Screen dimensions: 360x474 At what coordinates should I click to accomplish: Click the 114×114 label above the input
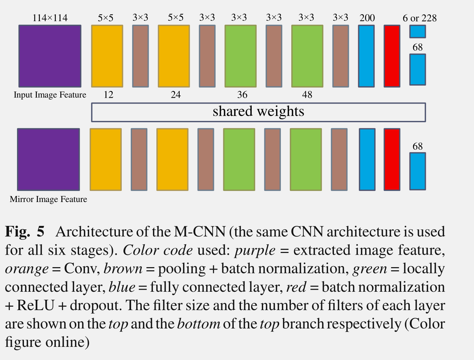[50, 18]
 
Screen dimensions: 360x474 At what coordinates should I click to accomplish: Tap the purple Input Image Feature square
[50, 56]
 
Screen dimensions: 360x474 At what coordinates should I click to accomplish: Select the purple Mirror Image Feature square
[49, 159]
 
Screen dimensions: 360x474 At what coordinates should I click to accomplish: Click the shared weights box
[258, 112]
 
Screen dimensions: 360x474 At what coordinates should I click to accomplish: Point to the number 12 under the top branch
[109, 95]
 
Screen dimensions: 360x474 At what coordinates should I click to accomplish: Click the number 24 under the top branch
[175, 95]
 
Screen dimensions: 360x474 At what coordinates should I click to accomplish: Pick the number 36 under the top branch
[242, 95]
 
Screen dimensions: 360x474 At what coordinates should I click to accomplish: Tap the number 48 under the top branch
[307, 95]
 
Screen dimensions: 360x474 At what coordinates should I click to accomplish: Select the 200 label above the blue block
[367, 18]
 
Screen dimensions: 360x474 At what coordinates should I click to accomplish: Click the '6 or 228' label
[420, 18]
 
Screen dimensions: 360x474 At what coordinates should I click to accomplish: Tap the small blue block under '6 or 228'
[417, 32]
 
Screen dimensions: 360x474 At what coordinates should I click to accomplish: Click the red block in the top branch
[392, 56]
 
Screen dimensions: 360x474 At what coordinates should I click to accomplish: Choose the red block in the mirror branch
[392, 159]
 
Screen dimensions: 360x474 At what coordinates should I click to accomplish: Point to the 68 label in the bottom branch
[417, 146]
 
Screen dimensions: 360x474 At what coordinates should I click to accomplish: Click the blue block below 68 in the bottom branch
[417, 171]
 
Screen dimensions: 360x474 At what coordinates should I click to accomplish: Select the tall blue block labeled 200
[366, 56]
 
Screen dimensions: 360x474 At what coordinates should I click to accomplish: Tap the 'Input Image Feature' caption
[50, 95]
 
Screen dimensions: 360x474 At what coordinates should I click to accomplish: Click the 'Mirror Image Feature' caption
[49, 199]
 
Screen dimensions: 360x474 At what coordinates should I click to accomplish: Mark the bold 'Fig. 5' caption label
[25, 231]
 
